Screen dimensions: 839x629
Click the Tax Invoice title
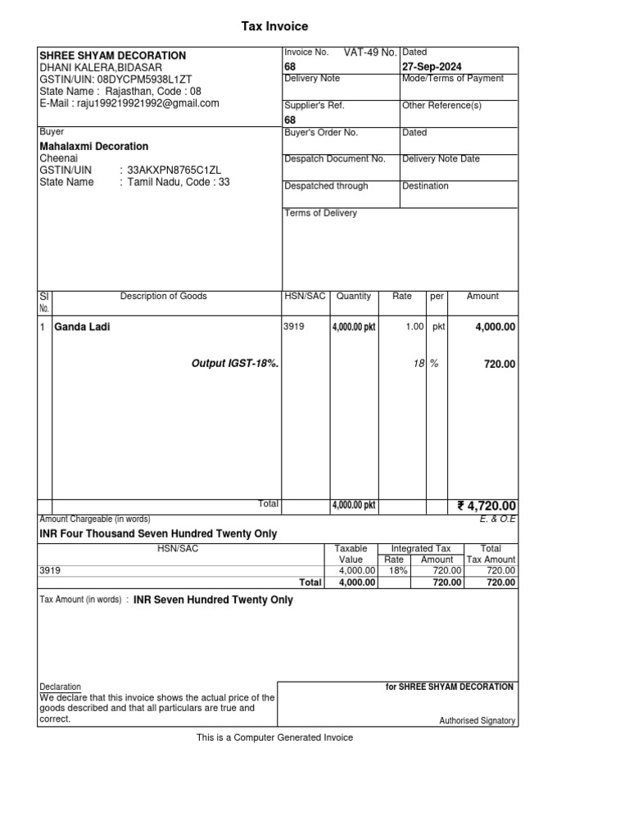tap(274, 27)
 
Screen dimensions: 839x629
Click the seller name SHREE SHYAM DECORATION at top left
tap(112, 56)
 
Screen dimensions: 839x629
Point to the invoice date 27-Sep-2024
tap(432, 66)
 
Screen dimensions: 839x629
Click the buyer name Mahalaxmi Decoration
tap(94, 147)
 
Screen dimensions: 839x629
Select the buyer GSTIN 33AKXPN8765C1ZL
tap(174, 170)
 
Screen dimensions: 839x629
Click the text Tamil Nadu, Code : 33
tap(178, 182)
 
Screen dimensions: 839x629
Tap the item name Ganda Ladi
tap(82, 327)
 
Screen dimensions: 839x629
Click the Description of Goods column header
tap(164, 297)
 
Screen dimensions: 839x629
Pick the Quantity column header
tap(354, 297)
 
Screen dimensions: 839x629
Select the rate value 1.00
tap(414, 327)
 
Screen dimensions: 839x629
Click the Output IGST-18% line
tap(235, 363)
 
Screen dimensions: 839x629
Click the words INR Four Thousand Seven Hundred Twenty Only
tap(158, 533)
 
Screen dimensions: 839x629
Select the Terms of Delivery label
tap(320, 213)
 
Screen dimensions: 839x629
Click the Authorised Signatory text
tap(477, 721)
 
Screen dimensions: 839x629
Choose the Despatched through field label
tap(326, 186)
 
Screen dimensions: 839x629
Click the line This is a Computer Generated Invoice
tap(274, 737)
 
